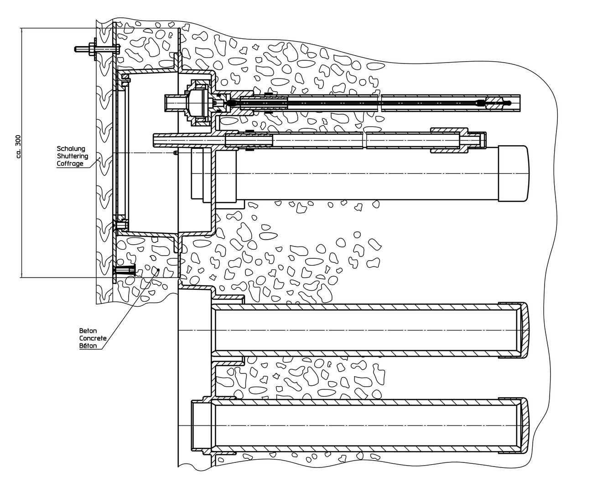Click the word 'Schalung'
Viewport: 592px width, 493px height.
pos(70,149)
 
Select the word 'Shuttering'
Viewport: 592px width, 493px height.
pos(72,156)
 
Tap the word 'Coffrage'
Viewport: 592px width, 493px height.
pos(70,163)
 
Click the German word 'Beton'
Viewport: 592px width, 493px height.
pos(88,331)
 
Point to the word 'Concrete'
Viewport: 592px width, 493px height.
pos(93,338)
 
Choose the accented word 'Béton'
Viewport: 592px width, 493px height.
pos(88,346)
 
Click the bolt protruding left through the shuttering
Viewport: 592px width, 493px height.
pos(84,48)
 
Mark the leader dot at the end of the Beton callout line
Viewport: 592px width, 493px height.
pos(158,270)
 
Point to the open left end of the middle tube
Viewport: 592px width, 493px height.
pos(157,140)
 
